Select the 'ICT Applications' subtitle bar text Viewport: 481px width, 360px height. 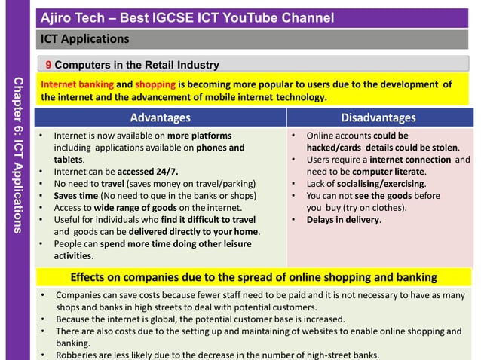click(x=84, y=38)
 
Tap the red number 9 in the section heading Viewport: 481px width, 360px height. click(x=48, y=65)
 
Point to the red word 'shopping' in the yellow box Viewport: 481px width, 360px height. click(x=155, y=84)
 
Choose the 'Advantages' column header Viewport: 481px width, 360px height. click(x=160, y=117)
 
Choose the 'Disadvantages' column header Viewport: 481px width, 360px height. click(x=378, y=117)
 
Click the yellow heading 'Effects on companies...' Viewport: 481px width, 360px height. click(x=253, y=276)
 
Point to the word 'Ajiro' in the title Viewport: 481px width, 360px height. click(x=57, y=17)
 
